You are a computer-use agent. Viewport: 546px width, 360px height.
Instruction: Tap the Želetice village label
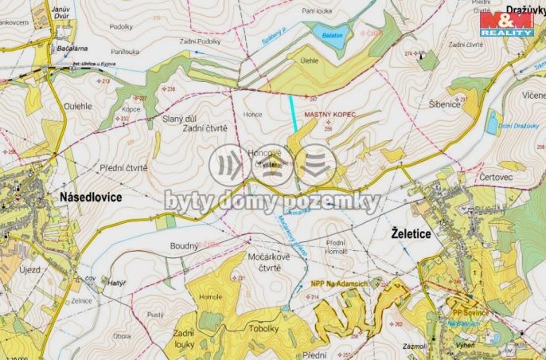click(417, 233)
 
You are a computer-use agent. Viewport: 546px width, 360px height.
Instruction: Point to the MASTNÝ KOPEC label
click(328, 115)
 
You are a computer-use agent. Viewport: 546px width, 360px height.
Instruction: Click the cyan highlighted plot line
click(295, 112)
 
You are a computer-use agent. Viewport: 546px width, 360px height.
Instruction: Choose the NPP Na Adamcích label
click(338, 284)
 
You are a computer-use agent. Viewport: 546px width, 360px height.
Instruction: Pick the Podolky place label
click(122, 26)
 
